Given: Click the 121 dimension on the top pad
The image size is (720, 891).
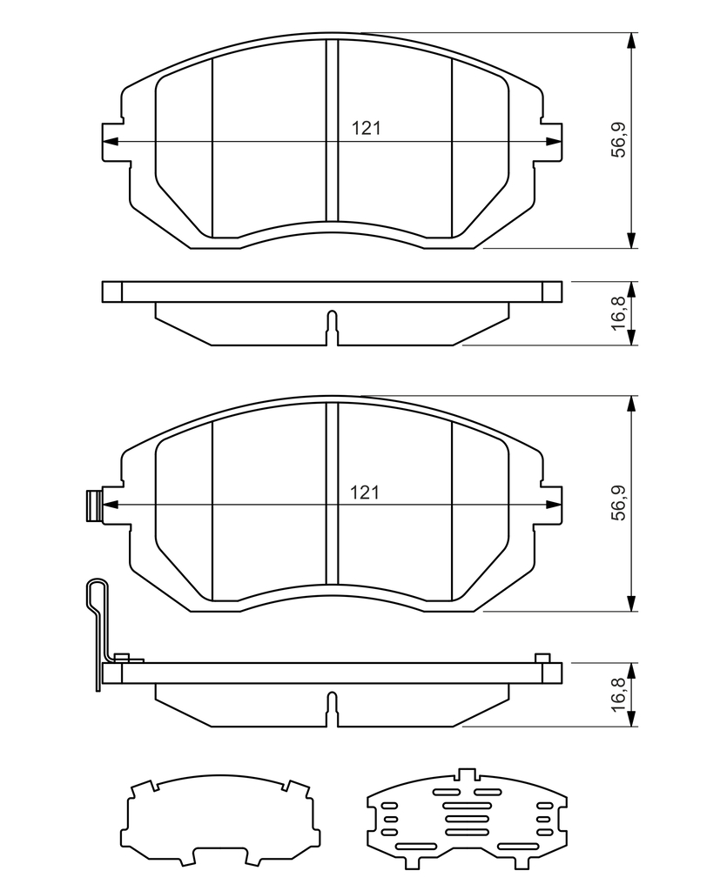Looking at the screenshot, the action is (366, 128).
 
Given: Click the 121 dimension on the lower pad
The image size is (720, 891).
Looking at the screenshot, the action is (365, 492).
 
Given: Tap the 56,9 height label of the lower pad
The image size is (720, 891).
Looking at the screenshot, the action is (618, 503).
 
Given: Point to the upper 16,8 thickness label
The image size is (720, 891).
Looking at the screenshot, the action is (618, 313).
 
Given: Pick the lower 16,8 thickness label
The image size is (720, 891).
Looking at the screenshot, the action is (618, 694).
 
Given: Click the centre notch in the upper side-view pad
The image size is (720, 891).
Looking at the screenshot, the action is (332, 328).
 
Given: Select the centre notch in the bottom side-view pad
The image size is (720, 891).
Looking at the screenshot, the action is (332, 709).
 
